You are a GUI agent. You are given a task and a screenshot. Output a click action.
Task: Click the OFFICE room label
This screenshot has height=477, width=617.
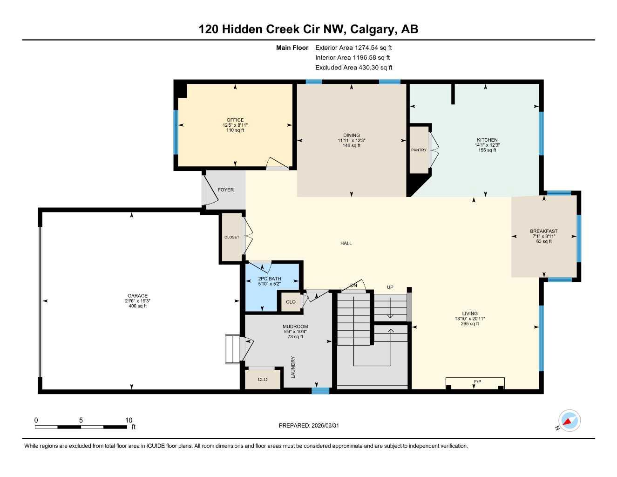(235, 120)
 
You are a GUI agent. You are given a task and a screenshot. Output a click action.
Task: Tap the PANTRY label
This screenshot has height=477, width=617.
(419, 150)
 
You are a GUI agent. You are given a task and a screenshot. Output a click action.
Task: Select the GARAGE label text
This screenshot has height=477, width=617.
(138, 296)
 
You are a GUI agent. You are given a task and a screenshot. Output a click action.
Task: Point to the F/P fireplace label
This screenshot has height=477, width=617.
(477, 382)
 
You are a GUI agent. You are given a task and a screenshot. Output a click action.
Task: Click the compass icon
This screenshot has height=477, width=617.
(569, 421)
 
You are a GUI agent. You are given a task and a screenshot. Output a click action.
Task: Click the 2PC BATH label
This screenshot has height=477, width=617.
(270, 279)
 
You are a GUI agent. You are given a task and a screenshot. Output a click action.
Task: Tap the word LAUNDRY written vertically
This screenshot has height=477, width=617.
(293, 367)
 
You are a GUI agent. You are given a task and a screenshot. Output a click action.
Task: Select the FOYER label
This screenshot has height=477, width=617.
(226, 190)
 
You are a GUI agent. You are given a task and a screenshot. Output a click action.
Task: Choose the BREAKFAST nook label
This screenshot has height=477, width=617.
(543, 232)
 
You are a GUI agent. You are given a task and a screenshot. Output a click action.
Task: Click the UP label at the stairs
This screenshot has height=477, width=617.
(390, 287)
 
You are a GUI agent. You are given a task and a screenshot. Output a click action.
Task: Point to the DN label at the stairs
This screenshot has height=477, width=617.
(353, 286)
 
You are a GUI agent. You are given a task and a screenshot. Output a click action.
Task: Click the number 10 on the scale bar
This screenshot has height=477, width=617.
(129, 420)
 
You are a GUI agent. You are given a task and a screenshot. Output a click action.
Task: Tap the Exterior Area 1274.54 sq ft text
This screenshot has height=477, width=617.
(353, 48)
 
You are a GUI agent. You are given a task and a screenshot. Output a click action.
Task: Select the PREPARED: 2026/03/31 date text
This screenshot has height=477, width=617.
(309, 426)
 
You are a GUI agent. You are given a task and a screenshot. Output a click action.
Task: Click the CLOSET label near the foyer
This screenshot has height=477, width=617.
(232, 237)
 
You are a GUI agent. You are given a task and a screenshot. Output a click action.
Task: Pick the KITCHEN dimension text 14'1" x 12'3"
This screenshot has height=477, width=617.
(487, 145)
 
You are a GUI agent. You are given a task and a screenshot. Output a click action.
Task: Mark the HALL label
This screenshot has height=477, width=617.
(346, 243)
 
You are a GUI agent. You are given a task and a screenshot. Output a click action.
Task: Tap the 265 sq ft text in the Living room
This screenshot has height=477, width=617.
(470, 324)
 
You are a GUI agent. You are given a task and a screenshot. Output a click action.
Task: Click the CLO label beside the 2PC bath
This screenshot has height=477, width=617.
(291, 302)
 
